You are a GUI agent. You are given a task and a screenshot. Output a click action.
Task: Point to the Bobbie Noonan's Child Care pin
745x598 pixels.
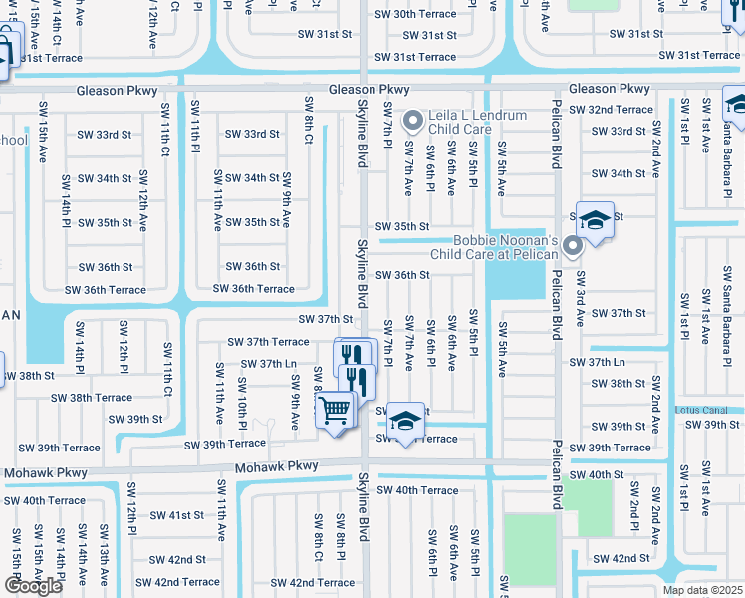point(572,245)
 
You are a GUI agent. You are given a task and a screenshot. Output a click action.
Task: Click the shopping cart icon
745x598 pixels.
point(336,409)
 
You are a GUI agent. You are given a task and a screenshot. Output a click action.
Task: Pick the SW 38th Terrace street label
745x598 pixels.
point(92,397)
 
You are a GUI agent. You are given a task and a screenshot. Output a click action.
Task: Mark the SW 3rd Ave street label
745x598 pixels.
point(579,298)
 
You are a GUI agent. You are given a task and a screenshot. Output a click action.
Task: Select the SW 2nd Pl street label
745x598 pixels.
point(633,509)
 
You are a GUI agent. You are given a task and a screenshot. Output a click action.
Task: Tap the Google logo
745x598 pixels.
point(32,586)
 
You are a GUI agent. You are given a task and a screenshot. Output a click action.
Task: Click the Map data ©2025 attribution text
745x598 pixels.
point(703,590)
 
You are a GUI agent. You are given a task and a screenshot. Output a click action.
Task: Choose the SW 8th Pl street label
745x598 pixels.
point(340,554)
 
